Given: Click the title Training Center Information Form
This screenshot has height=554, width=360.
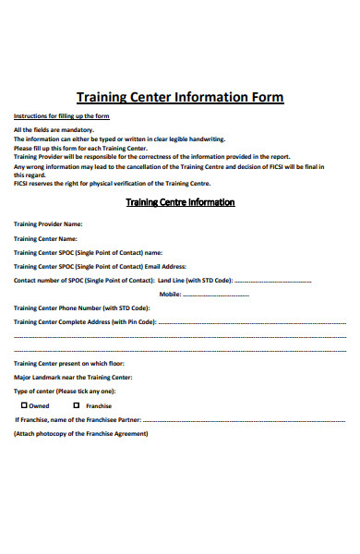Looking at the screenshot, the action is pyautogui.click(x=179, y=97).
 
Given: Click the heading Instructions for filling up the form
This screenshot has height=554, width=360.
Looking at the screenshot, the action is pyautogui.click(x=61, y=115).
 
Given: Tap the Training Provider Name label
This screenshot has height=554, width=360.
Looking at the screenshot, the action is pyautogui.click(x=48, y=223).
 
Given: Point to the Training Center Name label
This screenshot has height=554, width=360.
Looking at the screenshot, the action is pyautogui.click(x=45, y=237).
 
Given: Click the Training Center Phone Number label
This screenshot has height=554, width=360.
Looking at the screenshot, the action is pyautogui.click(x=81, y=307).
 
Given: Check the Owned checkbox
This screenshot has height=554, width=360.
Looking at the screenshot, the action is pyautogui.click(x=23, y=405).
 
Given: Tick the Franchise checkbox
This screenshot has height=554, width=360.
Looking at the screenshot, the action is pyautogui.click(x=77, y=405).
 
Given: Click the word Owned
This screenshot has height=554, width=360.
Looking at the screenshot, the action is pyautogui.click(x=39, y=406).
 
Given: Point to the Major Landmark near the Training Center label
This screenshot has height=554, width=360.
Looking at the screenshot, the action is pyautogui.click(x=73, y=378).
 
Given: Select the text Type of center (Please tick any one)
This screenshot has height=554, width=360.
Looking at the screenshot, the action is pyautogui.click(x=65, y=391).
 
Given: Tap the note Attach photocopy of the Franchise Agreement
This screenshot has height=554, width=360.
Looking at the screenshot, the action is pyautogui.click(x=80, y=434).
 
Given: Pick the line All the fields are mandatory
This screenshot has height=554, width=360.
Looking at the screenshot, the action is pyautogui.click(x=54, y=129).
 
